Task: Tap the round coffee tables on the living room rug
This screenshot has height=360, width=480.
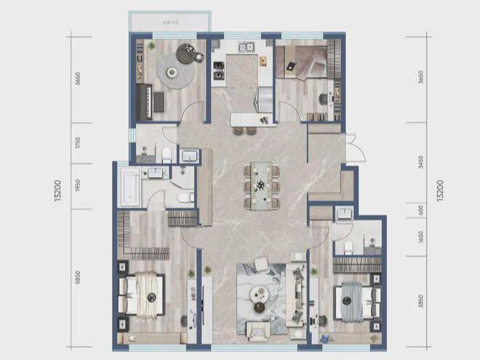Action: point(260,294)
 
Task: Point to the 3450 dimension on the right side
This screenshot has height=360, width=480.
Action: point(421,172)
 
